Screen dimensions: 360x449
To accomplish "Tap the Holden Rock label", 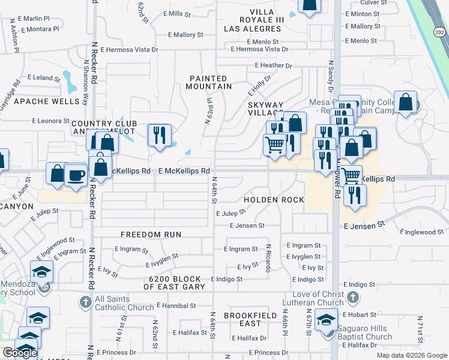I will point(274,200).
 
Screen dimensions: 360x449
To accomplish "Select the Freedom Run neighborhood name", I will point(151,234).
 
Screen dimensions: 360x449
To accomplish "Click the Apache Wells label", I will point(47,101).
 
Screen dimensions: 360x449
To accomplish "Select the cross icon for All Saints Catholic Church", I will point(85,302).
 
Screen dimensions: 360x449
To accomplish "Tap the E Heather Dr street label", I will point(273,65).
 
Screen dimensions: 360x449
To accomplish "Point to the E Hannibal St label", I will point(176,305).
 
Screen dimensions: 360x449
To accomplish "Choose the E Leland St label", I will point(44,78).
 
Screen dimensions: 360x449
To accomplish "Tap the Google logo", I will point(20,353).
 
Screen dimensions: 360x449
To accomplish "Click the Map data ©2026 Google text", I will point(411,355).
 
